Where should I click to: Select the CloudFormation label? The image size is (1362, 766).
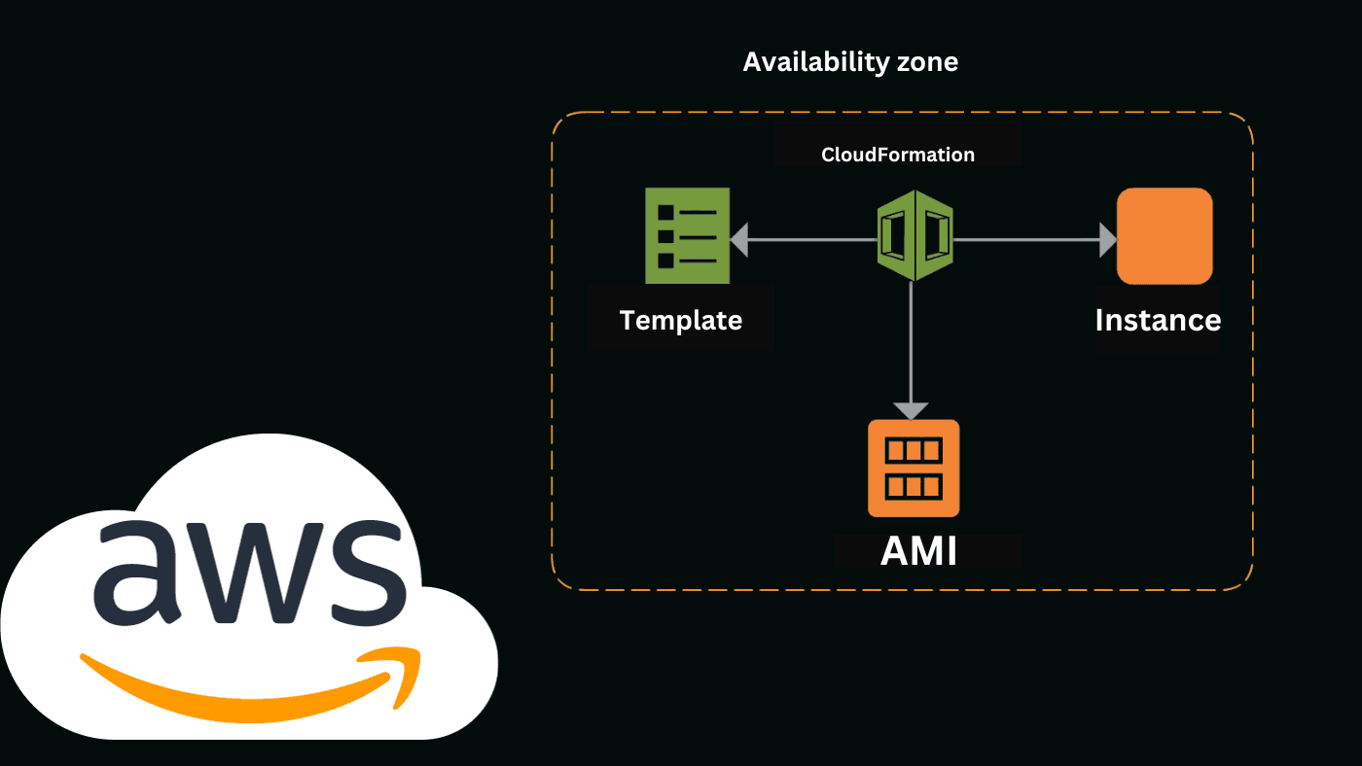pyautogui.click(x=897, y=155)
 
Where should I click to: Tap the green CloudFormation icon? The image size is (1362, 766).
pyautogui.click(x=914, y=235)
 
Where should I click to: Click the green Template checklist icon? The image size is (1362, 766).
pyautogui.click(x=687, y=235)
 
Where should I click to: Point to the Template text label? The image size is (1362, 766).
pyautogui.click(x=680, y=320)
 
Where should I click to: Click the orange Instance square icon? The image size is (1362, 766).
pyautogui.click(x=1164, y=235)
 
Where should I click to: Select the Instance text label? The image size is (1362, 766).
pyautogui.click(x=1157, y=320)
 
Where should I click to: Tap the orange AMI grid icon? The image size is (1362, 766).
pyautogui.click(x=914, y=468)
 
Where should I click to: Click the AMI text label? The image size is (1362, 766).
pyautogui.click(x=918, y=551)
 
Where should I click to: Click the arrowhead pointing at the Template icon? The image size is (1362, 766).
pyautogui.click(x=739, y=239)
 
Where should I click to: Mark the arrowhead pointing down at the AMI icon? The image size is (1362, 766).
pyautogui.click(x=912, y=410)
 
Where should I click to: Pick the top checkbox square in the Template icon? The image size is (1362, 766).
pyautogui.click(x=666, y=212)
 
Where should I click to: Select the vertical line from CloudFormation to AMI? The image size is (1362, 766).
pyautogui.click(x=912, y=340)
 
